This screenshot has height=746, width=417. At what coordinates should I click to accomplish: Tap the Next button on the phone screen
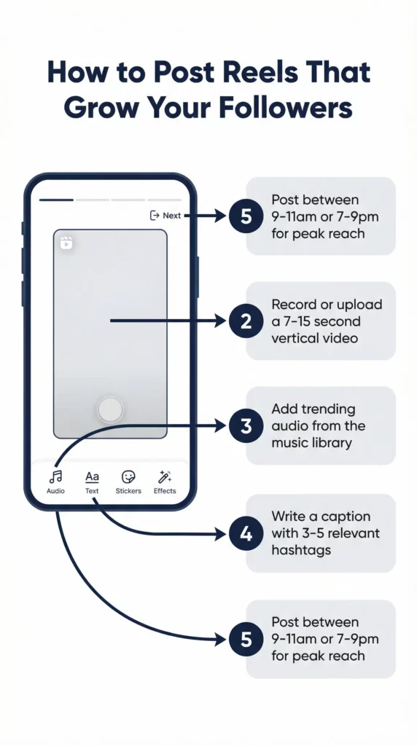tap(165, 216)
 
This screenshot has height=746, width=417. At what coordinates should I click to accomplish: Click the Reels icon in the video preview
tap(66, 243)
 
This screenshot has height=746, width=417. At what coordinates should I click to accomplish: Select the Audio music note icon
tap(55, 476)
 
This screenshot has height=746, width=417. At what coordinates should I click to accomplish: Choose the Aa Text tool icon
tap(92, 476)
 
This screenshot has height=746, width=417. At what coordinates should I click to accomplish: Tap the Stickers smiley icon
tap(128, 476)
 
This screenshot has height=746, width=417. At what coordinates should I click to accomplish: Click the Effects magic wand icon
tap(165, 476)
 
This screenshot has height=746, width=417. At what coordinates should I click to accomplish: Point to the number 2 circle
tap(246, 321)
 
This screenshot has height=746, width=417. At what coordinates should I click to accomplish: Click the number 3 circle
tap(246, 425)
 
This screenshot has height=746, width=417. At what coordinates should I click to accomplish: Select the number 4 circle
tap(246, 533)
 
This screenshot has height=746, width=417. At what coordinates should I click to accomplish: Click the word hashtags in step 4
tap(301, 551)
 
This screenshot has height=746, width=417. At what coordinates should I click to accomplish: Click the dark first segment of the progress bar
tap(56, 200)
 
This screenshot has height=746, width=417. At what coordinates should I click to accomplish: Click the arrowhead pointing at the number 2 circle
tap(221, 321)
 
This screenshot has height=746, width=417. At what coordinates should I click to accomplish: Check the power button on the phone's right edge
tap(197, 277)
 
